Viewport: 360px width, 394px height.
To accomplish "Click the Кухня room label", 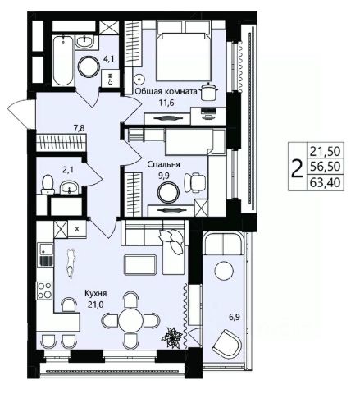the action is click(x=96, y=294).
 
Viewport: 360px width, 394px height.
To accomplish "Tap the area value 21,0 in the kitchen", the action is click(x=96, y=305).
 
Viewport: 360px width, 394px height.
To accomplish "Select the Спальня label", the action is click(x=163, y=165).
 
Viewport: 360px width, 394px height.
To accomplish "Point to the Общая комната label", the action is click(x=166, y=91).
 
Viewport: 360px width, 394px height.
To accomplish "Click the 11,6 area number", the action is click(x=166, y=103).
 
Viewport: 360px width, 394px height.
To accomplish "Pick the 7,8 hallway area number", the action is click(x=80, y=128).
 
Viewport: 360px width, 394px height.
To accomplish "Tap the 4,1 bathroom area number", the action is click(x=110, y=60).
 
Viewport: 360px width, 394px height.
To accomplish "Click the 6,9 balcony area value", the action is click(x=235, y=318).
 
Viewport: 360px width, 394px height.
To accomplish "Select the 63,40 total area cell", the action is click(x=326, y=182).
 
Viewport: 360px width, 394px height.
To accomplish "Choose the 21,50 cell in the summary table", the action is click(x=326, y=151).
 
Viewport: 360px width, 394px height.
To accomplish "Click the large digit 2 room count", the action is click(x=298, y=167).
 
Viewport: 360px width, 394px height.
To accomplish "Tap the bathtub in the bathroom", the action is click(x=63, y=61).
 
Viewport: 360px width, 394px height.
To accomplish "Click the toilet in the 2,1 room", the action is click(x=48, y=185).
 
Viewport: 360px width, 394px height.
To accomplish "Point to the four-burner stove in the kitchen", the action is click(x=45, y=291).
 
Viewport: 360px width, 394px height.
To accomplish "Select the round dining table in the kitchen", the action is click(x=130, y=320).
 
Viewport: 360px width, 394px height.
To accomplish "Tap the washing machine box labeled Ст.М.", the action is click(x=110, y=78).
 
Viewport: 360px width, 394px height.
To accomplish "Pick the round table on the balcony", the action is click(x=224, y=271).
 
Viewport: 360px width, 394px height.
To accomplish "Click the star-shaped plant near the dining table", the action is click(x=171, y=338).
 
